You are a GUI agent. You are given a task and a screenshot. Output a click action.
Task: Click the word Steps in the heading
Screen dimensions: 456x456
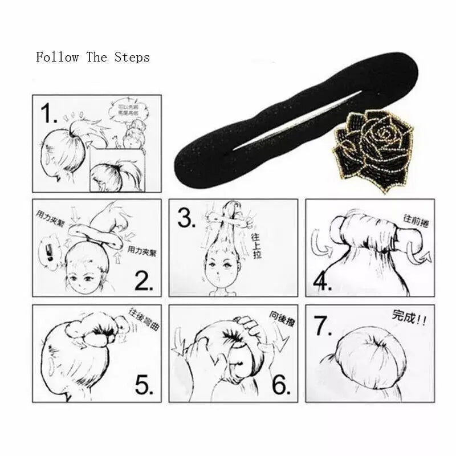point(132,58)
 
